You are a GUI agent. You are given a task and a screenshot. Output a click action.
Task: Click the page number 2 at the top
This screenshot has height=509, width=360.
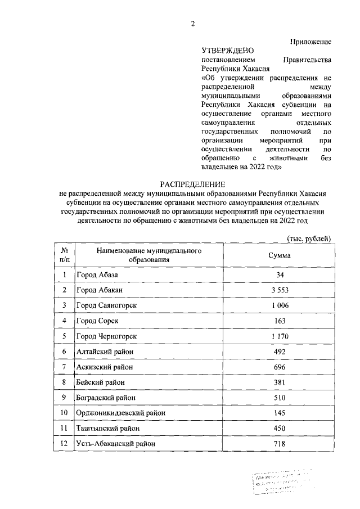(x=192, y=23)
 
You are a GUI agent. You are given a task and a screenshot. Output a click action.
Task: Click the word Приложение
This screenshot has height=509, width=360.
(x=310, y=41)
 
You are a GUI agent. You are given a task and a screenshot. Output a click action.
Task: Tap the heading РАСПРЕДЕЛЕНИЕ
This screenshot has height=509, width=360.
(x=192, y=184)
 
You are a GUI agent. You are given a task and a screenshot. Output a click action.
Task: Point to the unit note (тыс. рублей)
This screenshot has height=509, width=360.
(x=309, y=238)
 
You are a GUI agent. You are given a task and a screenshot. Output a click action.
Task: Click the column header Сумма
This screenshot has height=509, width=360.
(x=280, y=255)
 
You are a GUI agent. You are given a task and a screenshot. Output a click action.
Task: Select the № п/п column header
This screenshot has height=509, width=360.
(x=65, y=255)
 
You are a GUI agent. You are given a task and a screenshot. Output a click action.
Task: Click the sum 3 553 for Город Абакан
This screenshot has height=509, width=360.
(x=280, y=290)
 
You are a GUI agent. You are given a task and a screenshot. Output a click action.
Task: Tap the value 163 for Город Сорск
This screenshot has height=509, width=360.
(x=280, y=321)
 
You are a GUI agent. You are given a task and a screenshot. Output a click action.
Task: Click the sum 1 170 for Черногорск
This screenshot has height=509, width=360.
(x=280, y=336)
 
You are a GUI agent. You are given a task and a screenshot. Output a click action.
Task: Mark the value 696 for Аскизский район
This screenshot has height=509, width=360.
(x=280, y=367)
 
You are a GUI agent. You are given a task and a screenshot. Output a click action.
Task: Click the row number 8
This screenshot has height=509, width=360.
(x=65, y=382)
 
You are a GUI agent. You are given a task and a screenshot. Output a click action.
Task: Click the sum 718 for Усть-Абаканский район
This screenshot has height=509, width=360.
(x=280, y=444)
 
